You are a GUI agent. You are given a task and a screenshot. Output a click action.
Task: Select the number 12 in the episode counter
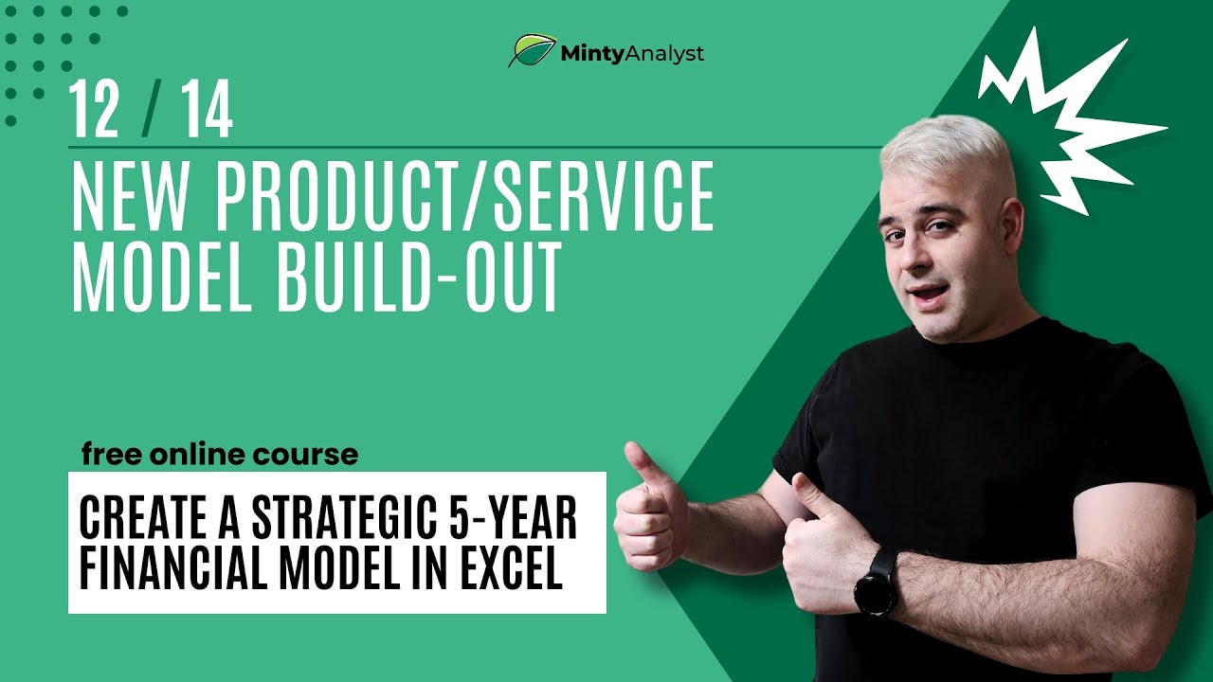[x=95, y=111]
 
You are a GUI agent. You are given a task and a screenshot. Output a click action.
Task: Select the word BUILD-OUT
[x=426, y=278]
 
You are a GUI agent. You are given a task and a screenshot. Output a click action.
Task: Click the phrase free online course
[x=220, y=455]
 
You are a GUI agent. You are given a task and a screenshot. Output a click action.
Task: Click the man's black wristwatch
[x=877, y=581]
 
